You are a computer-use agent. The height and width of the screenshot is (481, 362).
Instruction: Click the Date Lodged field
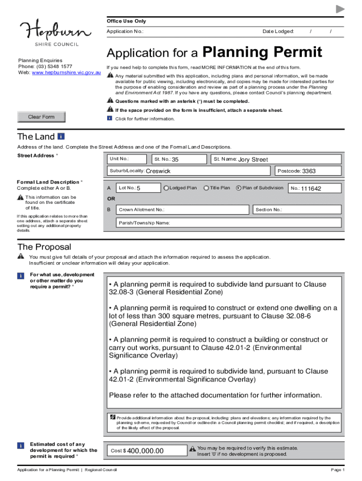320,31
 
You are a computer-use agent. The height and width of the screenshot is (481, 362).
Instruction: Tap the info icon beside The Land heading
61,137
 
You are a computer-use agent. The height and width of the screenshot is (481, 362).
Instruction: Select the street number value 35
175,160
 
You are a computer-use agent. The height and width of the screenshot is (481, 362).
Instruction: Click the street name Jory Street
253,160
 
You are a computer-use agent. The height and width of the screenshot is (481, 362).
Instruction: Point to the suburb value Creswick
158,171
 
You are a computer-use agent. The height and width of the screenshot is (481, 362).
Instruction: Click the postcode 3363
308,171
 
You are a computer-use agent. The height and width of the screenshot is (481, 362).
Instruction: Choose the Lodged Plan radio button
166,188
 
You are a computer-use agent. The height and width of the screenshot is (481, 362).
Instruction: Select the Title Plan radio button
206,188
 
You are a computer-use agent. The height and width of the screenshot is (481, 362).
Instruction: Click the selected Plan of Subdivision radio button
238,188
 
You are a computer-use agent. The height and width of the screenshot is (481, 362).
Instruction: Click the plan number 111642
311,189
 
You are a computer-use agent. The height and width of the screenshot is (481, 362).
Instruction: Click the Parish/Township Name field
226,223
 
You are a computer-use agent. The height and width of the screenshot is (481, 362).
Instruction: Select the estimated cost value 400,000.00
145,451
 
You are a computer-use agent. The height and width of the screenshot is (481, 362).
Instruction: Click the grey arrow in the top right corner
340,9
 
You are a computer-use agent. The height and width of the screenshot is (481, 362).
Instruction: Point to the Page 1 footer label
338,470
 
